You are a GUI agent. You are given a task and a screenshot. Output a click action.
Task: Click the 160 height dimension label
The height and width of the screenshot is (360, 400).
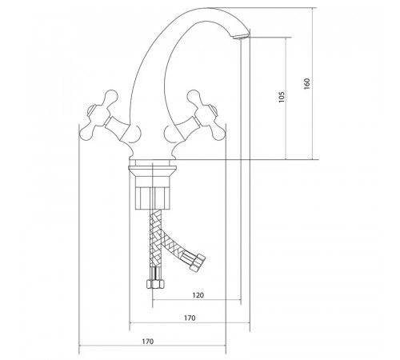(307, 84)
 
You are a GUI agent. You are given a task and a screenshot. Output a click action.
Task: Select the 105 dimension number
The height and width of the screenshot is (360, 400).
(282, 97)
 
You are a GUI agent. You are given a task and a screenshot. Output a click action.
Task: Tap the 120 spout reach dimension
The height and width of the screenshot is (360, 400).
(198, 295)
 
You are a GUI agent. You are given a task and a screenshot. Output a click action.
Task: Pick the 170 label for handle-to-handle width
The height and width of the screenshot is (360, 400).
(147, 342)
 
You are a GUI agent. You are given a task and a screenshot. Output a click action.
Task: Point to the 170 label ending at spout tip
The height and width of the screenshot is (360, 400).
(190, 318)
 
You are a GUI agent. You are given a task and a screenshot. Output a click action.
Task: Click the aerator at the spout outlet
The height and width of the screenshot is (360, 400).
(242, 36)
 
